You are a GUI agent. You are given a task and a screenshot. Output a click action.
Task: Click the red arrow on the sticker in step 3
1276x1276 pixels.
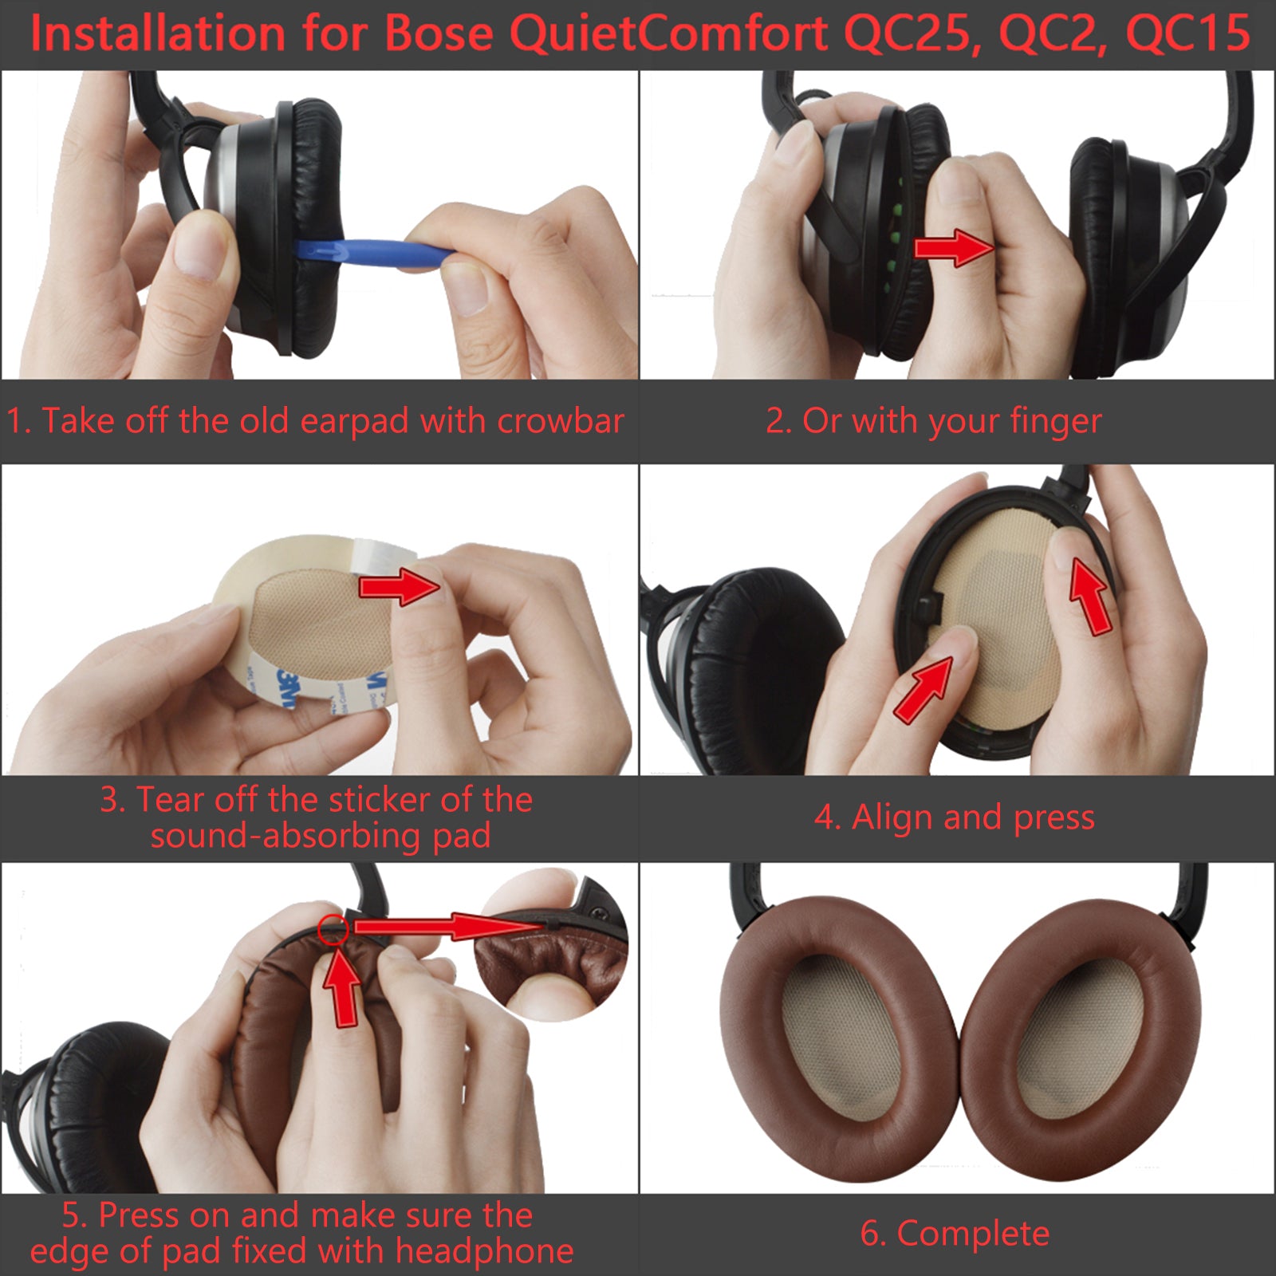tap(400, 587)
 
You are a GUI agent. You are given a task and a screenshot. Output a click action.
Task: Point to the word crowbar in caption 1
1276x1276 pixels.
tap(561, 420)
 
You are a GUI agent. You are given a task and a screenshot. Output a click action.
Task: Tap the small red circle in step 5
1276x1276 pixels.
tap(333, 929)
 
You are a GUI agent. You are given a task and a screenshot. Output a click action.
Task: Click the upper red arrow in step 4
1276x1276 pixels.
tap(1089, 595)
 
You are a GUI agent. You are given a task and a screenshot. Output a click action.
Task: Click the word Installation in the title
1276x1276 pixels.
tap(158, 34)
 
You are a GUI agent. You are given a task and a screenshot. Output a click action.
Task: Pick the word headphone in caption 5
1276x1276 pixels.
tap(484, 1251)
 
